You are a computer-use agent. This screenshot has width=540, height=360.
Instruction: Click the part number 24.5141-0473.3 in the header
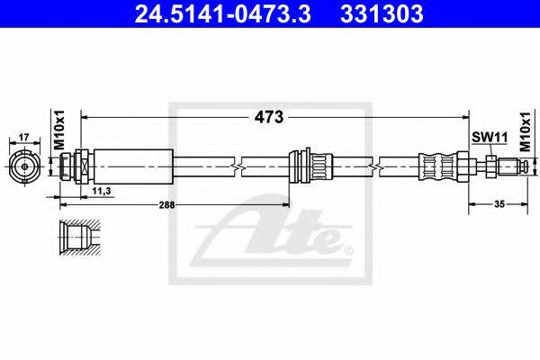pyautogui.click(x=223, y=13)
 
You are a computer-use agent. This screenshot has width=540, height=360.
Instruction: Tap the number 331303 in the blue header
pyautogui.click(x=382, y=13)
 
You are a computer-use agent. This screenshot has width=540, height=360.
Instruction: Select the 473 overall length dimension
pyautogui.click(x=269, y=117)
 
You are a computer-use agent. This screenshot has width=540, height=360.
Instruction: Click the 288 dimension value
pyautogui.click(x=166, y=205)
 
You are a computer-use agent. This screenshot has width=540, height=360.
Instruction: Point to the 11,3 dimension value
pyautogui.click(x=102, y=191)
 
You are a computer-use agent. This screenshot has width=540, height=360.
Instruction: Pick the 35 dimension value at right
pyautogui.click(x=499, y=204)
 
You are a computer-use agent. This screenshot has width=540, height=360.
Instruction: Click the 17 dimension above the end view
pyautogui.click(x=23, y=138)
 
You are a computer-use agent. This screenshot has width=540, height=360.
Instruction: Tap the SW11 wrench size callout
pyautogui.click(x=490, y=138)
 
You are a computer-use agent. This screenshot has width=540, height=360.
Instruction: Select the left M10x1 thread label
pyautogui.click(x=59, y=130)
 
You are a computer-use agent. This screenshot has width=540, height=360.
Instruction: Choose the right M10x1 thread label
pyautogui.click(x=526, y=132)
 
